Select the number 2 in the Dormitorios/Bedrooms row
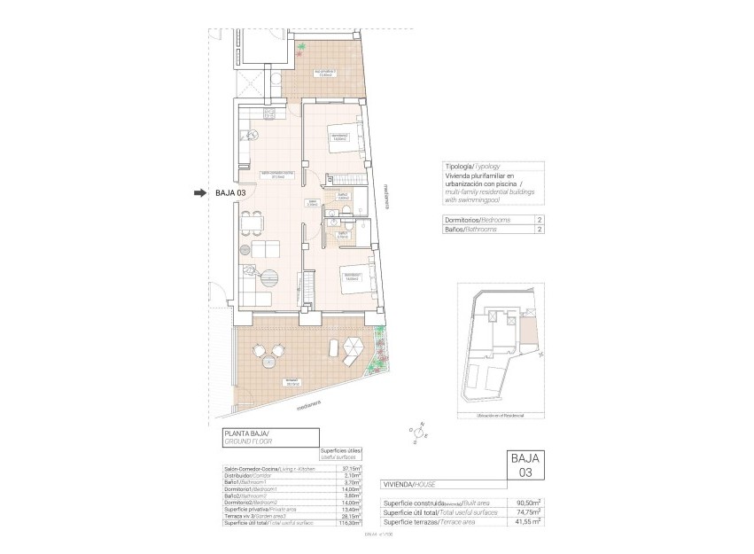tap(540, 219)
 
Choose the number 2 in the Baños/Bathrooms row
tap(540, 229)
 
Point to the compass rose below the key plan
tap(419, 430)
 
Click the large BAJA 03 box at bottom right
tap(525, 466)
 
